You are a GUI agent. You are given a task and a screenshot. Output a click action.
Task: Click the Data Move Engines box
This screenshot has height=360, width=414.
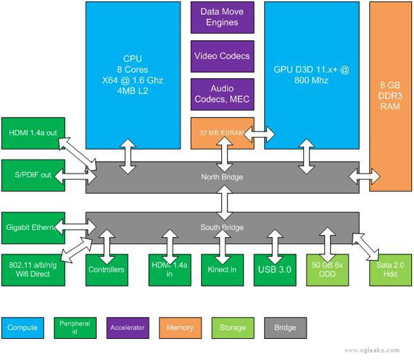pyautogui.click(x=222, y=17)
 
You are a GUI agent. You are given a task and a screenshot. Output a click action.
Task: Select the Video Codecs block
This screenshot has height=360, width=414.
pyautogui.click(x=222, y=56)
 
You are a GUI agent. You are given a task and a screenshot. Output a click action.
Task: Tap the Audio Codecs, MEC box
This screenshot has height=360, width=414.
pyautogui.click(x=222, y=94)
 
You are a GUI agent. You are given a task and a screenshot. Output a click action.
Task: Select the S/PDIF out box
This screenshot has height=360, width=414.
pyautogui.click(x=33, y=175)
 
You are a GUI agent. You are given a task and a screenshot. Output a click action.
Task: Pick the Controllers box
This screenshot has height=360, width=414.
pyautogui.click(x=107, y=270)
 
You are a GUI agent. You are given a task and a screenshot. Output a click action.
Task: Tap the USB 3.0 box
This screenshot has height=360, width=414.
pyautogui.click(x=274, y=270)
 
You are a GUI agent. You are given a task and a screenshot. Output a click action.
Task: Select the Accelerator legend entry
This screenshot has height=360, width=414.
pyautogui.click(x=128, y=327)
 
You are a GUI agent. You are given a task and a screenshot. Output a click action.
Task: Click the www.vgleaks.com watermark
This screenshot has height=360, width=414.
pyautogui.click(x=376, y=350)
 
